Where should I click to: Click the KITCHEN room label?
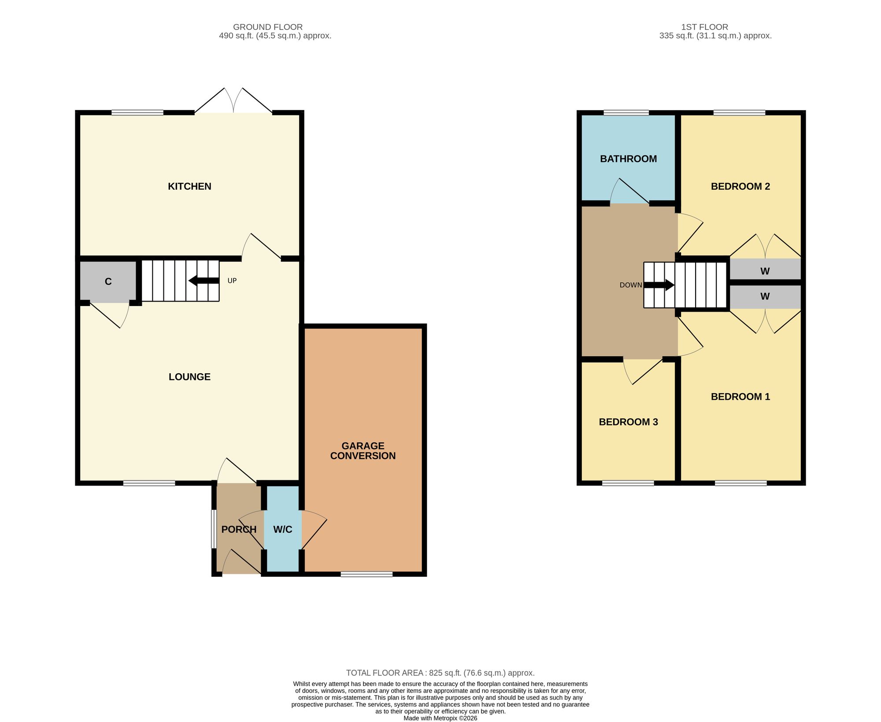tap(189, 186)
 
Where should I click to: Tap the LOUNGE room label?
tap(189, 377)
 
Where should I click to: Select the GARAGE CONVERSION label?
tap(363, 451)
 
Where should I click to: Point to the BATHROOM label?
tap(628, 159)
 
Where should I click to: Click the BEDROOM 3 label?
tap(628, 422)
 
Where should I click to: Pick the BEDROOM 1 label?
tap(740, 397)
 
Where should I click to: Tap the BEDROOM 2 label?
tap(740, 186)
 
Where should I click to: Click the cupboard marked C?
tap(108, 282)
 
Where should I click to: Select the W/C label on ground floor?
tap(283, 530)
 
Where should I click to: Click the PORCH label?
tap(239, 530)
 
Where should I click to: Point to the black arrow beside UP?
tap(204, 281)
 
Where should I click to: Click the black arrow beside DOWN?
tap(659, 285)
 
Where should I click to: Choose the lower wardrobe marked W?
tap(765, 297)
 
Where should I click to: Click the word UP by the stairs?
tap(232, 280)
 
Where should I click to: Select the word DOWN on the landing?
tap(631, 285)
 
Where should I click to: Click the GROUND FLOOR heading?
tap(268, 27)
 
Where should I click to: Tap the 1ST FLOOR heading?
tap(705, 27)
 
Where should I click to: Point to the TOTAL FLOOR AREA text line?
tap(440, 673)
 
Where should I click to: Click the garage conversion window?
tap(366, 574)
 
